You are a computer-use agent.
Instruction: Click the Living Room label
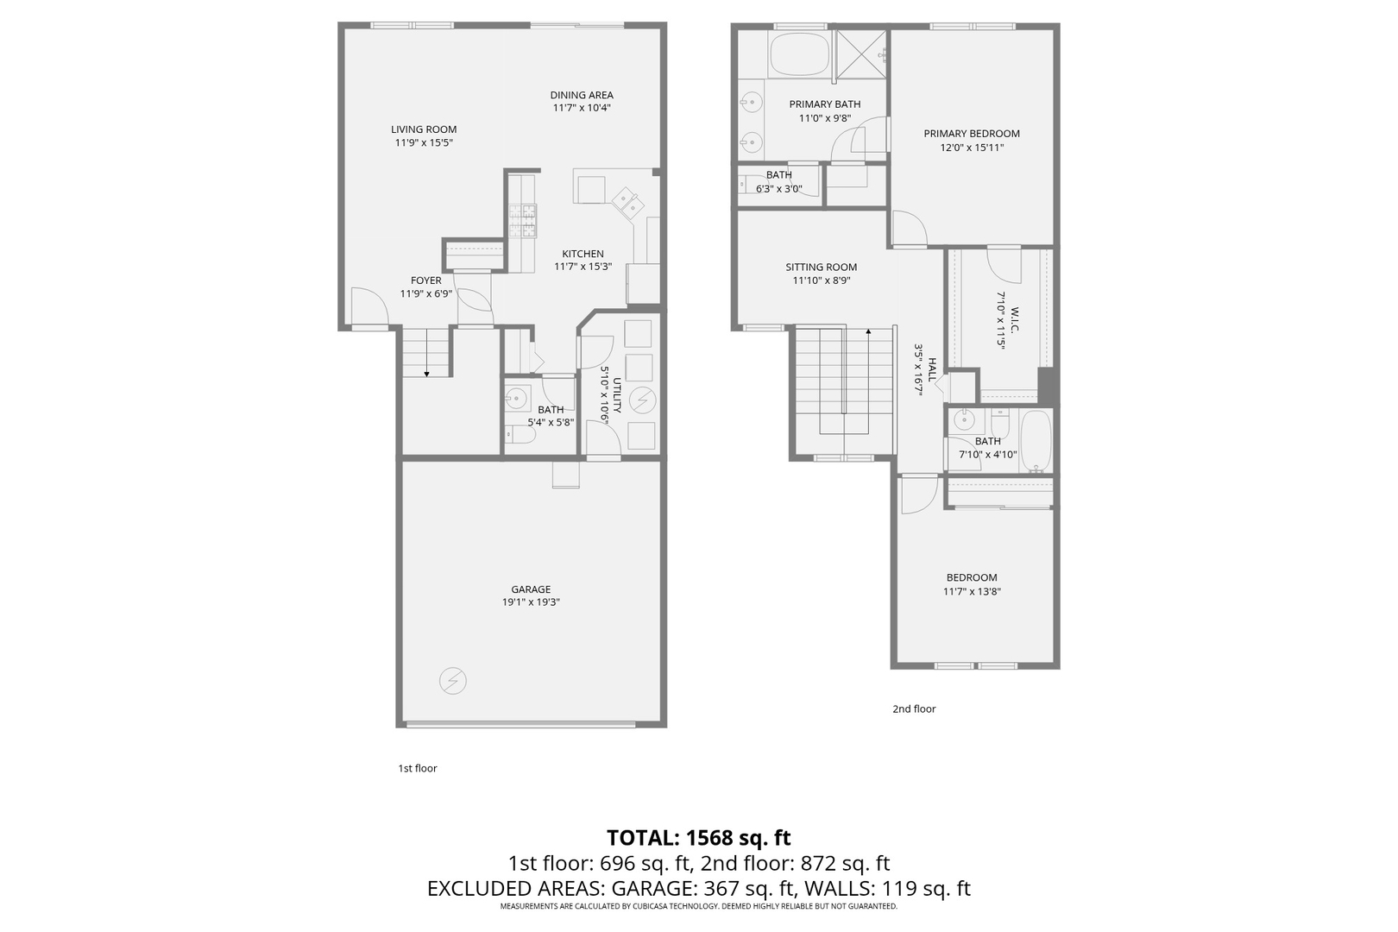point(423,129)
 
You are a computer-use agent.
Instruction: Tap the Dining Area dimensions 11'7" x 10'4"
point(582,108)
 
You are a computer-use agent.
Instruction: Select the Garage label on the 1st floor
point(531,589)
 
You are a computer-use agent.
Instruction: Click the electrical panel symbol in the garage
point(452,681)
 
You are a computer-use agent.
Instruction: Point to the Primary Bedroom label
point(971,134)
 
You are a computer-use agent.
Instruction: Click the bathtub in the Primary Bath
point(797,54)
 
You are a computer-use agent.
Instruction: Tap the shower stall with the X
point(861,54)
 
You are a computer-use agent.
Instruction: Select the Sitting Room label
point(821,268)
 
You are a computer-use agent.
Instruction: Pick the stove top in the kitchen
point(522,220)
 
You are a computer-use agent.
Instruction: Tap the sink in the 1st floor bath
point(517,398)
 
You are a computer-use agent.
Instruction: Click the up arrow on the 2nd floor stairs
point(868,332)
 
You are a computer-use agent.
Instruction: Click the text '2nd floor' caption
point(913,709)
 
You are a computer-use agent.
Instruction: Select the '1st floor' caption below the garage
point(417,768)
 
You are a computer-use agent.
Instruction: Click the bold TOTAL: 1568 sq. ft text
point(698,838)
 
